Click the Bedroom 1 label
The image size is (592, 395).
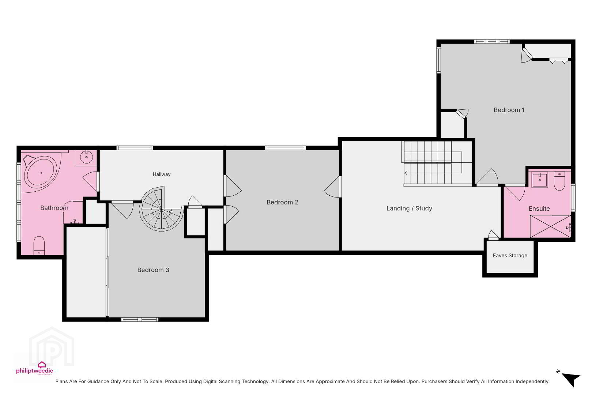click(x=509, y=110)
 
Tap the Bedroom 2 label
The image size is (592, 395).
click(x=282, y=202)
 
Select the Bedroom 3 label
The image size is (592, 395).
click(x=153, y=270)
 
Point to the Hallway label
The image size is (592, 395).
click(x=162, y=174)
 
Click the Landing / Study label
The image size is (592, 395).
click(x=409, y=208)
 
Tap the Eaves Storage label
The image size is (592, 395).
click(x=510, y=255)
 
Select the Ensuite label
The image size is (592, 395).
click(x=539, y=208)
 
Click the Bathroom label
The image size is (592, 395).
click(x=54, y=208)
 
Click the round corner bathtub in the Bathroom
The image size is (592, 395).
click(x=41, y=172)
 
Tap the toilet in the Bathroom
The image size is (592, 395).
click(x=39, y=246)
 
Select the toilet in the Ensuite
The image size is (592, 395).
click(x=559, y=181)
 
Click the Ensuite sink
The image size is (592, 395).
click(x=539, y=180)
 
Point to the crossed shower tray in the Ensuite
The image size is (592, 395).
click(x=550, y=226)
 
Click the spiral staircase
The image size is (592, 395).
click(x=162, y=209)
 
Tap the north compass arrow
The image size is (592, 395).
click(x=572, y=380)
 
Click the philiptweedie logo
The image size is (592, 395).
click(x=35, y=368)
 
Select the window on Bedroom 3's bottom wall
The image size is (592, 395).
click(x=140, y=320)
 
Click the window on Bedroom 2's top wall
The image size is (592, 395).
click(x=286, y=148)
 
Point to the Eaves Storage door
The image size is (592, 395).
click(x=493, y=236)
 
